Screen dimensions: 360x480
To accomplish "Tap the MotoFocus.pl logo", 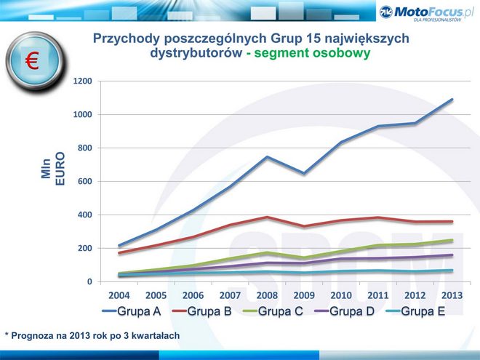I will click(426, 12).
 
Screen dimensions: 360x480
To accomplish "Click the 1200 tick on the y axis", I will click(82, 81).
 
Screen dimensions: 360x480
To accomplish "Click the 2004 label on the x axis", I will click(119, 296).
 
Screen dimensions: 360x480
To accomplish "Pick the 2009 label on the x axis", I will click(304, 296).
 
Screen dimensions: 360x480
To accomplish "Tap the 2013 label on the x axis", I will click(452, 296).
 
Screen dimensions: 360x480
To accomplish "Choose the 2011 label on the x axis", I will click(378, 296).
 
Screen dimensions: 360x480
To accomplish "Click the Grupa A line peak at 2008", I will click(267, 156).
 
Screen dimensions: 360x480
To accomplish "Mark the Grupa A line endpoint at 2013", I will click(452, 100).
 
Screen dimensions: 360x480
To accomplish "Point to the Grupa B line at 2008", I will click(267, 217).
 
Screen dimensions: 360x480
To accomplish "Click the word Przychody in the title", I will click(124, 39).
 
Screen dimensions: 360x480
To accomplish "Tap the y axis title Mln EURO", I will click(53, 167).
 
